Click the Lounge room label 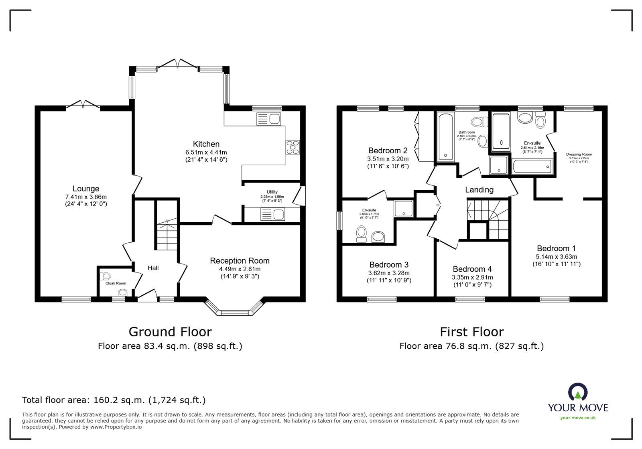coord(86,189)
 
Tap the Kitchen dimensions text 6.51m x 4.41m coord(206,152)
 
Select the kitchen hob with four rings coord(292,147)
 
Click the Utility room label coord(272,192)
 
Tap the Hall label coord(153,268)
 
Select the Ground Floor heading coord(170,332)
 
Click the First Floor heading coord(471,332)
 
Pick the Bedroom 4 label coord(472,269)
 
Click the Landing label coord(479,190)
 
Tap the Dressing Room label coord(579,154)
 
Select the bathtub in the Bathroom coord(445,136)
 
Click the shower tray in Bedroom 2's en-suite coord(403,208)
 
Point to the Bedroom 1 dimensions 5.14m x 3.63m coord(556,257)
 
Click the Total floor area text coord(114,400)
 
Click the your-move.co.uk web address coord(578,418)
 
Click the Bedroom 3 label coord(389,265)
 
